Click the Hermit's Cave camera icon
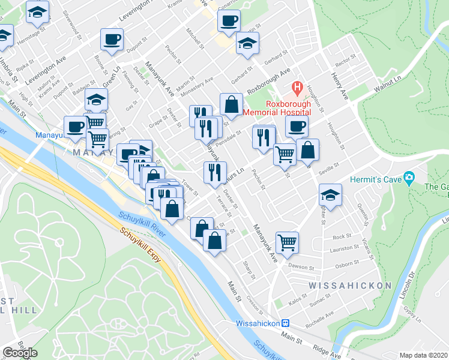(410, 178)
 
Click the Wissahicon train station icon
(286, 323)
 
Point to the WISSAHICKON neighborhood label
(351, 286)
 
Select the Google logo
(20, 352)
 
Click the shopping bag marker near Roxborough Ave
(231, 104)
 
